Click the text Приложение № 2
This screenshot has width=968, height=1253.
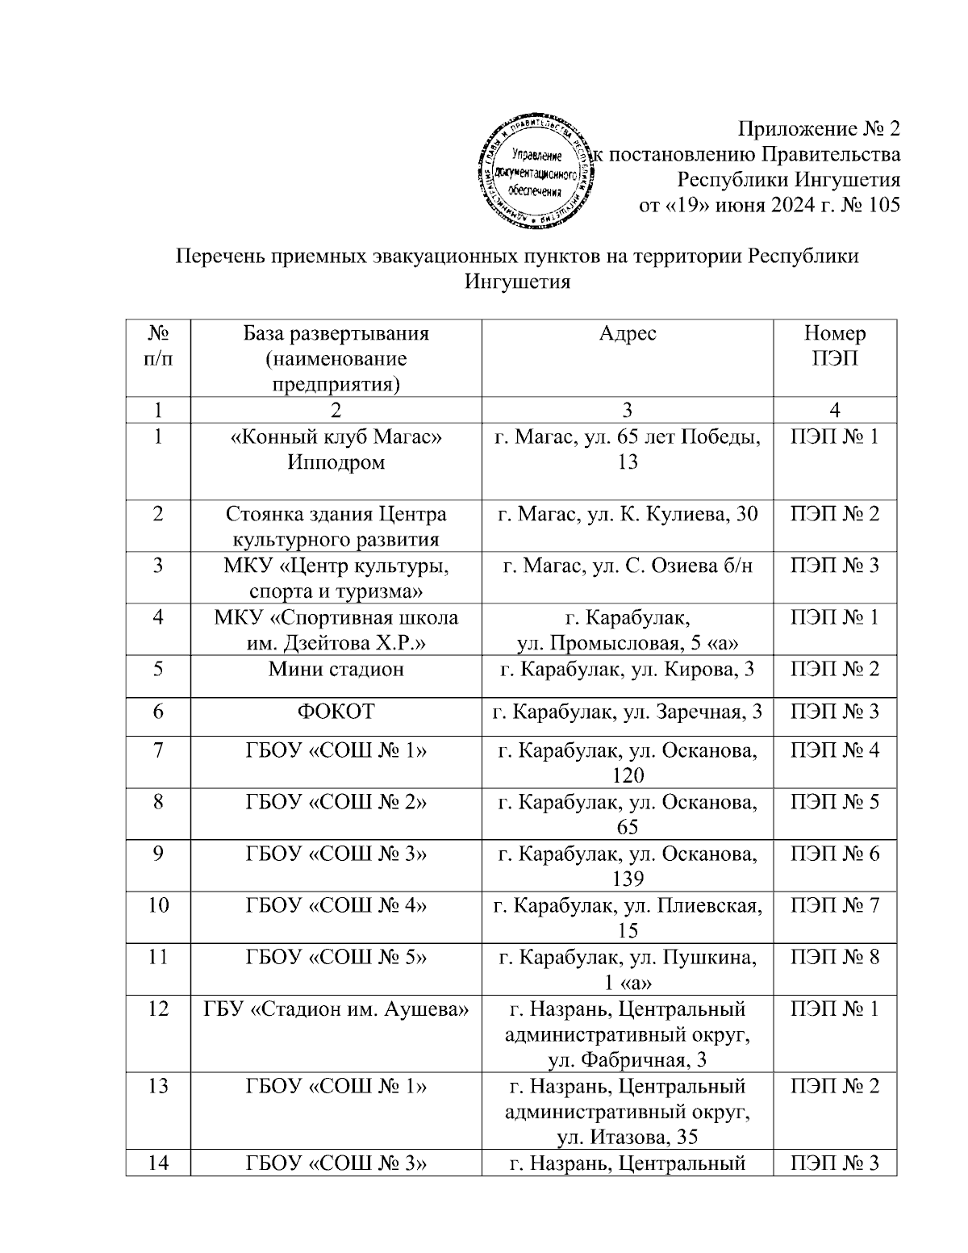coord(819,129)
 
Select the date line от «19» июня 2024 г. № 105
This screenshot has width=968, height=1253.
coord(769,205)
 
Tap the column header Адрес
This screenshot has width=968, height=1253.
coord(627,334)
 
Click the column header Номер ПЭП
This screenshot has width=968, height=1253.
coord(834,346)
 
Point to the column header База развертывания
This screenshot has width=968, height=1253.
coord(336,334)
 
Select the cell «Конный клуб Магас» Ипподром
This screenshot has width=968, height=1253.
coord(336,449)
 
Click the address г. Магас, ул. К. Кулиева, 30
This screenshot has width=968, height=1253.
coord(627,514)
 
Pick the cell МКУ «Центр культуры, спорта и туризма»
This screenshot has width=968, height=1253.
coord(336,578)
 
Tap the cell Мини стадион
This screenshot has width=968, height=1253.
coord(336,669)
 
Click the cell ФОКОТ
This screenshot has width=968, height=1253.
coord(336,712)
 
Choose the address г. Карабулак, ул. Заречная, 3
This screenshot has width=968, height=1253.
coord(627,712)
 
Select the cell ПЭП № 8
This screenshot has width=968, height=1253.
coord(834,958)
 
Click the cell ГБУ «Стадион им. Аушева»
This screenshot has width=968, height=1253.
coord(336,1009)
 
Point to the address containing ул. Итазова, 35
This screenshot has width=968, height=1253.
coord(627,1112)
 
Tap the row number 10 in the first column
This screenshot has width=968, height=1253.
coord(158,905)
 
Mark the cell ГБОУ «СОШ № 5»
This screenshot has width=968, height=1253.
coord(336,958)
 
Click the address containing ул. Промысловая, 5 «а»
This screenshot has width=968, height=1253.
coord(627,630)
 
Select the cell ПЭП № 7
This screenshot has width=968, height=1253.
coord(834,905)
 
